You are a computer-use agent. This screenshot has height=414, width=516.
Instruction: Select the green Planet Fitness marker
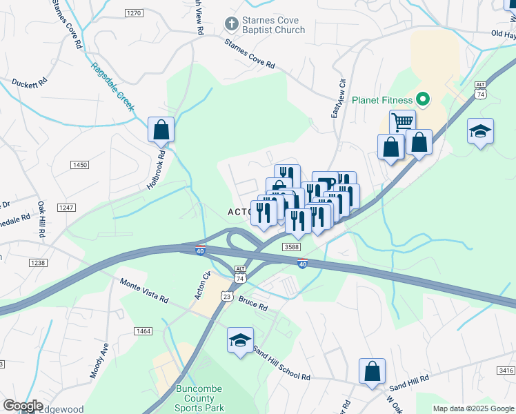[x=425, y=101]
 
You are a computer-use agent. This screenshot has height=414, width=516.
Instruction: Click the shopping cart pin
[x=402, y=123]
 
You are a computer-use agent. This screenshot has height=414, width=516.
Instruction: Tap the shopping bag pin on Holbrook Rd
[x=161, y=130]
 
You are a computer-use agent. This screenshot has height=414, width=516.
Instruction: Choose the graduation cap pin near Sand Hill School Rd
[x=240, y=341]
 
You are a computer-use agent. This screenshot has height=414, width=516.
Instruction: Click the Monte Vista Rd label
[x=144, y=290]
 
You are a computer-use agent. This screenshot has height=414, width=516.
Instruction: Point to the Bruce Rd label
[x=253, y=303]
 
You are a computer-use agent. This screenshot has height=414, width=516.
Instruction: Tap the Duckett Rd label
[x=29, y=82]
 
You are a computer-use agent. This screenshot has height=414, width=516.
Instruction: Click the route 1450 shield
[x=80, y=164]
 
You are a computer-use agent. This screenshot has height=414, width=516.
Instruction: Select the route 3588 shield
[x=291, y=246]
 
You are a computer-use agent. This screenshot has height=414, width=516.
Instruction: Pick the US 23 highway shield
[x=226, y=295]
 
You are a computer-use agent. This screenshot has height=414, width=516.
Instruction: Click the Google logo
[x=23, y=406]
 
